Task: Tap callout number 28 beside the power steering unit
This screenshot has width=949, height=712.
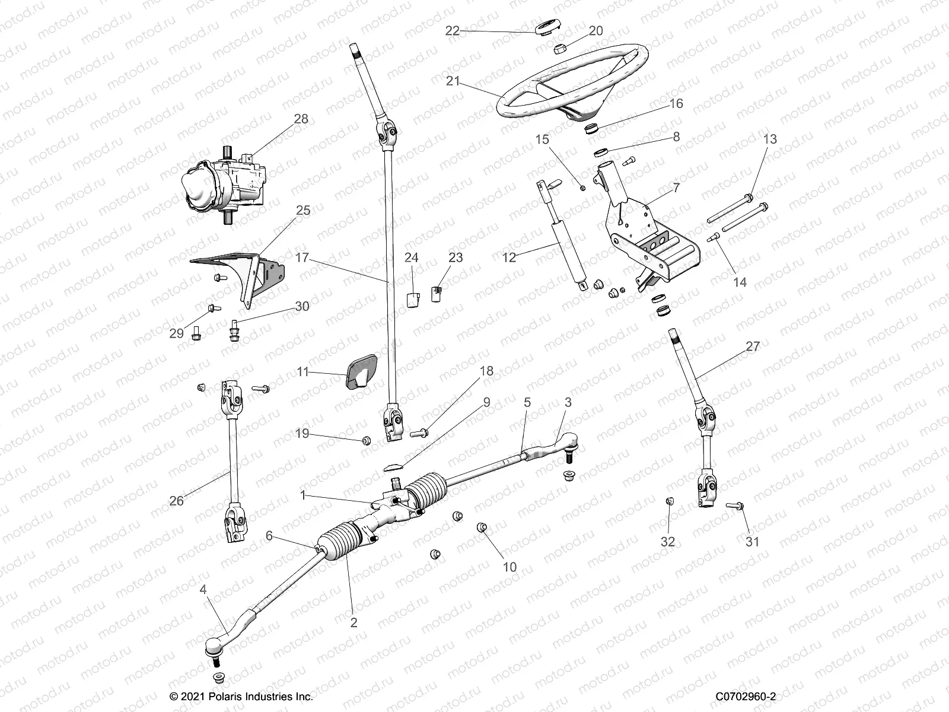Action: (x=301, y=119)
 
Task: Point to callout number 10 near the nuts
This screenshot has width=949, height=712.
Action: (x=509, y=567)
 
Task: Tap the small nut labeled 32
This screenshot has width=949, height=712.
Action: (x=668, y=502)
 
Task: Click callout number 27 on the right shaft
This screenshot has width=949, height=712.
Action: (x=752, y=347)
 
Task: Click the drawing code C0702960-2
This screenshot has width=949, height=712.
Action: (x=745, y=696)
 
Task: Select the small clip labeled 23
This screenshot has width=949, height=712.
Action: (x=437, y=293)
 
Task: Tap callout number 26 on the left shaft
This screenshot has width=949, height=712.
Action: (x=176, y=500)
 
